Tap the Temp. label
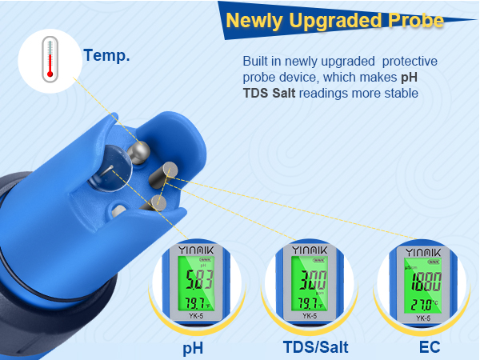[106, 57]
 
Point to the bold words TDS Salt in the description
[276, 94]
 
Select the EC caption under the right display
[430, 348]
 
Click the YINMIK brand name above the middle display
[309, 250]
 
